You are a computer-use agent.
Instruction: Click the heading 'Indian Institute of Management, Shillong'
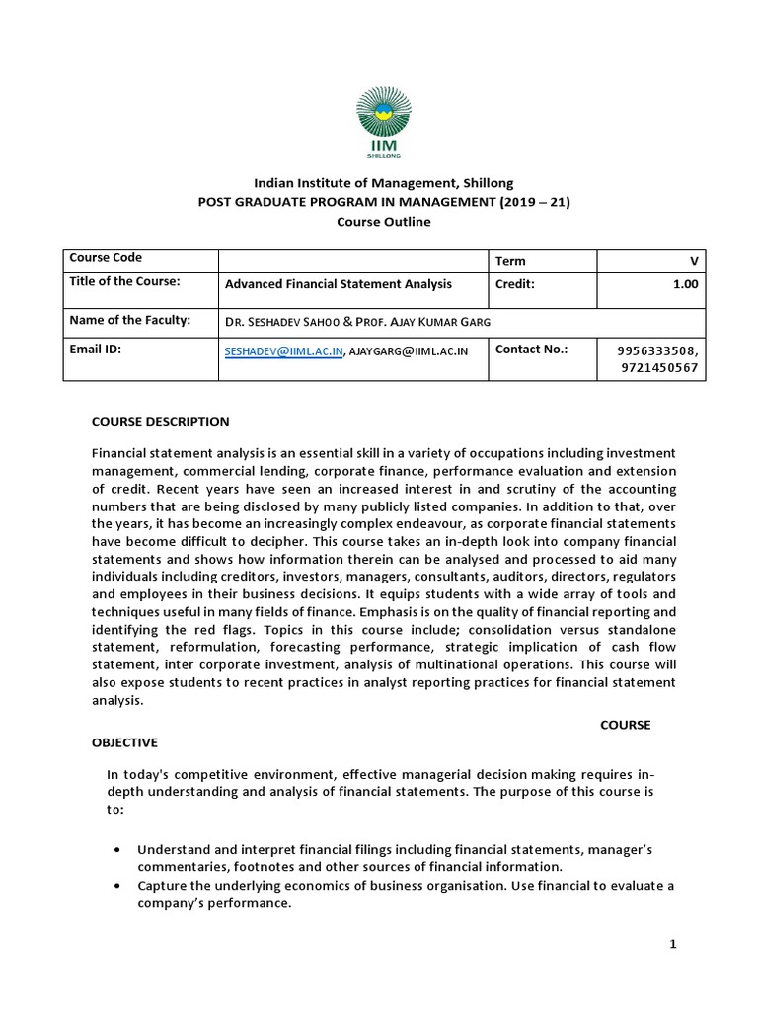pos(384,183)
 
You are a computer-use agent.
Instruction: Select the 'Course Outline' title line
pos(384,222)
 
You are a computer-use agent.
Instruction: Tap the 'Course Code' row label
pos(106,258)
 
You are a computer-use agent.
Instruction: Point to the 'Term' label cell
pos(510,261)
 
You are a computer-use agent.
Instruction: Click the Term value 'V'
pos(694,261)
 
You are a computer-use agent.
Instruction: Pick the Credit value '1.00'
pos(685,284)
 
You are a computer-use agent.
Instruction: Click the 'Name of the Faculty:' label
pos(128,320)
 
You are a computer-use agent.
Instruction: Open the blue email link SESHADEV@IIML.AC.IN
pos(284,350)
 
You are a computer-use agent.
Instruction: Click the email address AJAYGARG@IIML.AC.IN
pos(409,350)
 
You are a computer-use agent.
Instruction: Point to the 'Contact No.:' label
pos(533,350)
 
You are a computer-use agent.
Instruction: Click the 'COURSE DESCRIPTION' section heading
pos(160,422)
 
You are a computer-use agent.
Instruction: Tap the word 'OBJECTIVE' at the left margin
pos(124,742)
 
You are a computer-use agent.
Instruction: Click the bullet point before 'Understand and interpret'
pos(118,850)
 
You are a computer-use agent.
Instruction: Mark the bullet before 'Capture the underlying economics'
pos(118,886)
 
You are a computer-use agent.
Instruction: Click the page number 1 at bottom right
pos(673,945)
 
